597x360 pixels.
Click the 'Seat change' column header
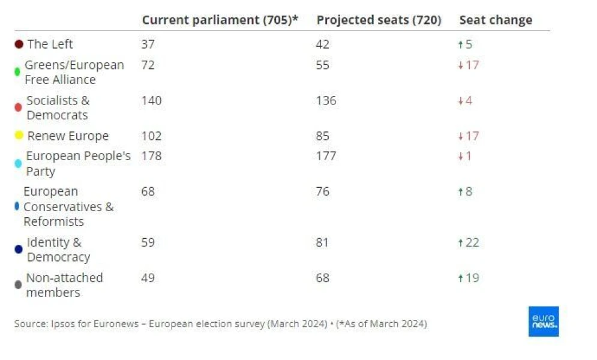496,20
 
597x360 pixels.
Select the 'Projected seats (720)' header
379,20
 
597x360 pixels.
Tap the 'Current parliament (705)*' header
220,20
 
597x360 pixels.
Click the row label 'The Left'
50,44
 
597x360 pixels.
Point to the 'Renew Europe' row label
68,136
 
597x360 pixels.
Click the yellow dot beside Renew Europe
19,135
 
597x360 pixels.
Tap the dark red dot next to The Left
19,44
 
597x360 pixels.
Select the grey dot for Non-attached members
18,284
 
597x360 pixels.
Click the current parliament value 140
152,100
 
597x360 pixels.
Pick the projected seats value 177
326,156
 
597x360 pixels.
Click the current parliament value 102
152,136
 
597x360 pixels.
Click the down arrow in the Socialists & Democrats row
461,101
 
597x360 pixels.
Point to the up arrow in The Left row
461,44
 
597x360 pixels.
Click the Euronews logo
544,321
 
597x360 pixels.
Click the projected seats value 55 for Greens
322,65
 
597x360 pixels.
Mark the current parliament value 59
148,242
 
